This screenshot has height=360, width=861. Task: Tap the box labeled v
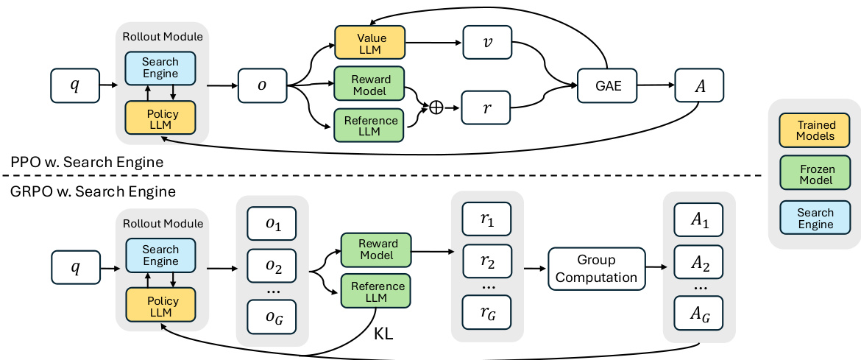[486, 43]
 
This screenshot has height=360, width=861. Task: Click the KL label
[383, 333]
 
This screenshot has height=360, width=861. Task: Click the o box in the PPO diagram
[262, 85]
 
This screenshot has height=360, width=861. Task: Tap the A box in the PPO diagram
[699, 85]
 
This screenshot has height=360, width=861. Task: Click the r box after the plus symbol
[486, 107]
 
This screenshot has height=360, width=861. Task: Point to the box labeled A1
[699, 219]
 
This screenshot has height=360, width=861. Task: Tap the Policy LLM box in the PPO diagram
[160, 118]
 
